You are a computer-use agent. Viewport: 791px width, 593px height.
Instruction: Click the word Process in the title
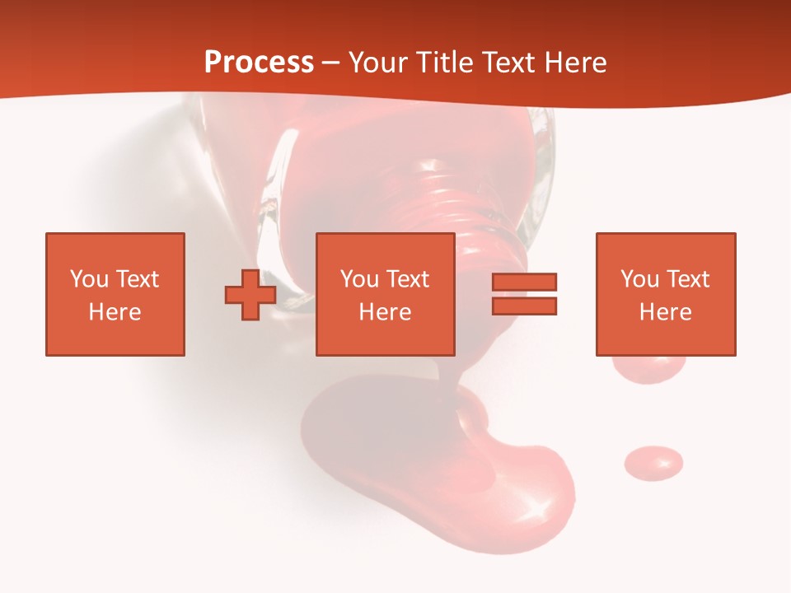coord(259,63)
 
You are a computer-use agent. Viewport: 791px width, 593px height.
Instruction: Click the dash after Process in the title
coord(330,63)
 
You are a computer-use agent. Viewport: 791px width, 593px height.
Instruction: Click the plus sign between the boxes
coord(250,294)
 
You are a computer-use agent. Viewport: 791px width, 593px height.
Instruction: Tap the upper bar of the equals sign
coord(524,282)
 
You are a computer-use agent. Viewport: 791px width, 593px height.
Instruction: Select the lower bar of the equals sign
coord(524,306)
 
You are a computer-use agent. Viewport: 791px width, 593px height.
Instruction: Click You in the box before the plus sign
coord(89,278)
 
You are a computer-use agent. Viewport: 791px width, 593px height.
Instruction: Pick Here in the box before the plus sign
coord(115,312)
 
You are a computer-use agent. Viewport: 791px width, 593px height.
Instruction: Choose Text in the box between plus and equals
coord(408,278)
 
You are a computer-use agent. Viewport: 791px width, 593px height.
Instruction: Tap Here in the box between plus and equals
coord(385,312)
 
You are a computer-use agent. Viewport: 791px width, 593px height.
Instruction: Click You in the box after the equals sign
coord(639,278)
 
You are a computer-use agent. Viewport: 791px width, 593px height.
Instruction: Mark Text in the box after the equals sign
coord(688,278)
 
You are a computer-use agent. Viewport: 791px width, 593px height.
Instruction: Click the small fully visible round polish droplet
coord(653,463)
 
